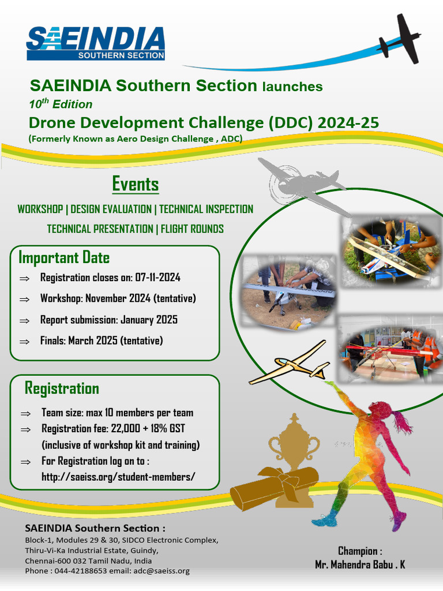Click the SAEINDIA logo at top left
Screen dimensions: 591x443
click(x=96, y=43)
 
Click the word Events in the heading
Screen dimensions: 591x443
click(x=136, y=185)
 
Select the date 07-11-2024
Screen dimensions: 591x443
click(x=158, y=278)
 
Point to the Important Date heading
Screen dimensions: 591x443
click(x=64, y=257)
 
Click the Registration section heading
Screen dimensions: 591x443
click(x=62, y=388)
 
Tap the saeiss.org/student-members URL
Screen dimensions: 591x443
click(x=118, y=477)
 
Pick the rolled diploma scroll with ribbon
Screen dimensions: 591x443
click(x=274, y=488)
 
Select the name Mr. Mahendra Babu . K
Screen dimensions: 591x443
click(x=360, y=564)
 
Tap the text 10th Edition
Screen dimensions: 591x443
click(x=61, y=104)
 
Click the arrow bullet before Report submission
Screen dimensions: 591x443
click(x=24, y=320)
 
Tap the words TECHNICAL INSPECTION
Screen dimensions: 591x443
click(x=206, y=209)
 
